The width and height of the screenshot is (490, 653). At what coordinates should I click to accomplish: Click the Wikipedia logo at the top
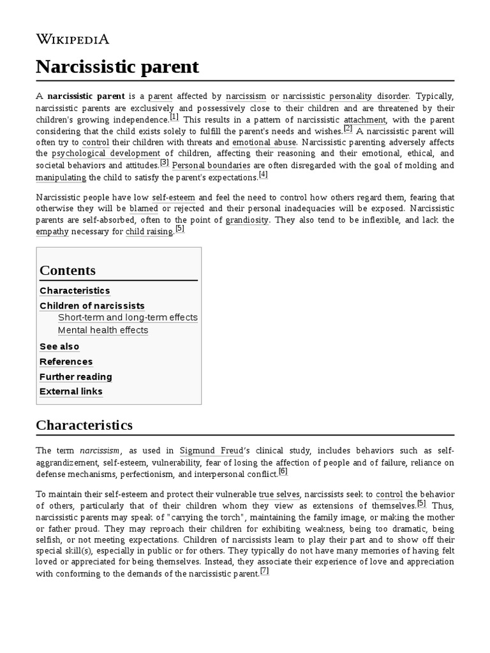tap(73, 39)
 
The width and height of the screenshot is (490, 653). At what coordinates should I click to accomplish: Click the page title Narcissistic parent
tap(117, 67)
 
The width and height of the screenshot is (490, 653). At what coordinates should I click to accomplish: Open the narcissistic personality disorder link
tap(345, 97)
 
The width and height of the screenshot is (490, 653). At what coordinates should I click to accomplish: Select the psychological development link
tap(106, 154)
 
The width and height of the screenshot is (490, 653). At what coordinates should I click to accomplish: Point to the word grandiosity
tap(248, 220)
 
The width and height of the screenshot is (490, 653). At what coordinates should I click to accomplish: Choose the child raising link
tap(149, 232)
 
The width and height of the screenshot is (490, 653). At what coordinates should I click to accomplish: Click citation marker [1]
tap(174, 117)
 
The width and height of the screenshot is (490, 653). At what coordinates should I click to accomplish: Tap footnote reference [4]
tap(263, 175)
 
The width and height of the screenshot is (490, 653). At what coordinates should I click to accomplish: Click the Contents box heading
tap(68, 270)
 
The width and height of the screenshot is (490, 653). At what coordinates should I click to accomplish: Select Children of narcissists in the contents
tap(92, 306)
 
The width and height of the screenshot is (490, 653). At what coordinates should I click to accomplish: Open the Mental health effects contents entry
tap(103, 330)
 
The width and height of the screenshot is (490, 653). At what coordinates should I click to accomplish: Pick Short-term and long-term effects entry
tap(128, 318)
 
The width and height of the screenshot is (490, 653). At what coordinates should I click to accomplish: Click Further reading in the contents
tap(75, 377)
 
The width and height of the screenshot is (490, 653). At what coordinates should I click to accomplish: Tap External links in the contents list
tap(71, 392)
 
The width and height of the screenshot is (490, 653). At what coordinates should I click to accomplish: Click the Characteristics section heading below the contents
tap(84, 425)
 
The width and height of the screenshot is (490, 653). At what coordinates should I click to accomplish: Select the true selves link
tap(279, 494)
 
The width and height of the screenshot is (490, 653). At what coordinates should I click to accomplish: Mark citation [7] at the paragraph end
tap(264, 571)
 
